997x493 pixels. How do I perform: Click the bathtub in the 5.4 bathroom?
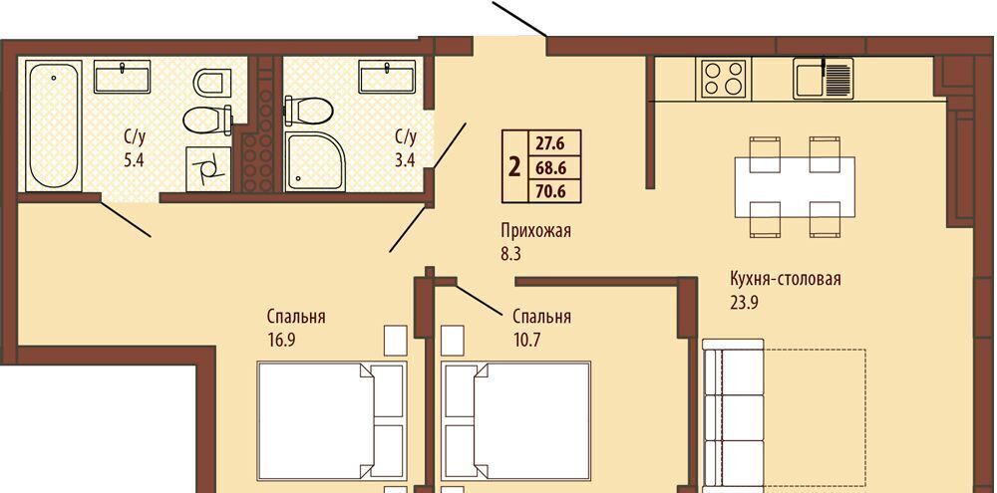point(54,125)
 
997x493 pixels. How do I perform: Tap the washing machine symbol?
point(208,169)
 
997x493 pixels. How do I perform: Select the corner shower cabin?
point(315,161)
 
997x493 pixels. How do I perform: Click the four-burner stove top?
point(724,78)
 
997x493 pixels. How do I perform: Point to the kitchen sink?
point(824,78)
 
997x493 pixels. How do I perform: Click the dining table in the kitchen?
point(795,187)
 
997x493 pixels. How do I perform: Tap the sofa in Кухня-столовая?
point(733,416)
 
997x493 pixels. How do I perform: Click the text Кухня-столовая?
point(786,279)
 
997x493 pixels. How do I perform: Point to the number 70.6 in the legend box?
point(550,190)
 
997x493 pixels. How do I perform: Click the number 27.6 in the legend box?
point(550,143)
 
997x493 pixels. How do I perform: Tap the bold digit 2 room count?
point(515,167)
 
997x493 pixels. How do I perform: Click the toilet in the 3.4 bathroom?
point(308,111)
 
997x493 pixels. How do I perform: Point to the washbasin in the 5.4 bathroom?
point(122,77)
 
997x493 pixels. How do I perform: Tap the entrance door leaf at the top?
point(519,18)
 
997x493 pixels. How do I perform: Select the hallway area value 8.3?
point(509,255)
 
